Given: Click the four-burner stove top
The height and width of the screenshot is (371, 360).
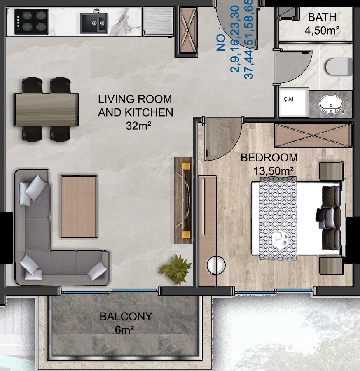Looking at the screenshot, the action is pos(31,22).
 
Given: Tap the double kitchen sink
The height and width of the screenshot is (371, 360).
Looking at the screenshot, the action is pos(94,23).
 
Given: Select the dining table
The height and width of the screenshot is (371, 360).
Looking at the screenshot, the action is pos(46,110).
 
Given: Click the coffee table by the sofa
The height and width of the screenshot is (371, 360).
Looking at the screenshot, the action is pos(79,206).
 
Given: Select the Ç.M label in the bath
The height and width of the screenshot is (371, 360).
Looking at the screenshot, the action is pos(288,99).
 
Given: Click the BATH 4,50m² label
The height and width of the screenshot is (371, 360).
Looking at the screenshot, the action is pos(322,24).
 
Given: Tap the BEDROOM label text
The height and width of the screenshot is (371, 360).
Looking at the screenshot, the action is pos(269,158).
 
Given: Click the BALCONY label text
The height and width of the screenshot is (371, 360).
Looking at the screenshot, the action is pos(126,316).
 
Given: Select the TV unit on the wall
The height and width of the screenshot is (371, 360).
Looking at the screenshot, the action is pos(183,201).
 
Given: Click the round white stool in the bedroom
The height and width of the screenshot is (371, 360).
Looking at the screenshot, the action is pos(215,265).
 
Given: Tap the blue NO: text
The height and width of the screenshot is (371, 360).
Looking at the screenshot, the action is pos(222,42).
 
